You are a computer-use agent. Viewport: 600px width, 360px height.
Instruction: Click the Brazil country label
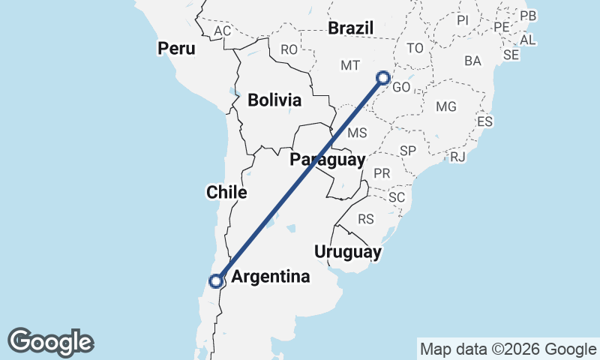pos(351,28)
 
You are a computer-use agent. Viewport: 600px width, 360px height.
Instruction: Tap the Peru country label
pos(176,49)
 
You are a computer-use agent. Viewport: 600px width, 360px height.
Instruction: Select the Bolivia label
pos(274,100)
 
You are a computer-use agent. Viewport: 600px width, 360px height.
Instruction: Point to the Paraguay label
pos(328,159)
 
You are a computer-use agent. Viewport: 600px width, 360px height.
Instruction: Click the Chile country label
pos(226,193)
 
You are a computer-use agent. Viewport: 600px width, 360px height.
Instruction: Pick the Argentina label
pos(271,277)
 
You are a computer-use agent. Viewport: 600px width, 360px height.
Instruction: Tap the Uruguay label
pos(348,251)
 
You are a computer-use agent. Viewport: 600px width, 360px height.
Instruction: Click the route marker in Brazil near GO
pos(383,77)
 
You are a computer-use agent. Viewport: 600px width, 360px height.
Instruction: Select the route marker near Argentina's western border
pos(216,281)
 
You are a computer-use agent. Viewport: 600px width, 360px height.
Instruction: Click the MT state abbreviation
pos(350,66)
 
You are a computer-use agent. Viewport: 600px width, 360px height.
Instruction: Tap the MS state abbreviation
pos(357,133)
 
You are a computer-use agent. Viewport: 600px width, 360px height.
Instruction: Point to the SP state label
pos(408,151)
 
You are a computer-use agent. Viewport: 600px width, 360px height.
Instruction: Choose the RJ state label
pos(458,156)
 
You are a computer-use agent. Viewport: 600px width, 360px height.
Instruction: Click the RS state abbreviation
pos(366,220)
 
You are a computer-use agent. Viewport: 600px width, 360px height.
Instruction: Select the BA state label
pos(472,60)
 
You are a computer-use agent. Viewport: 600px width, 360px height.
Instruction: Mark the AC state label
pos(222,31)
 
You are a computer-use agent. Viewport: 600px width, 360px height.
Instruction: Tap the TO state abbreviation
pos(415,48)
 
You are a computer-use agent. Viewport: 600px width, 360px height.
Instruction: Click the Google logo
pos(50,342)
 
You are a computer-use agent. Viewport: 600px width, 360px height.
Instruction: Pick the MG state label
pos(445,106)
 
